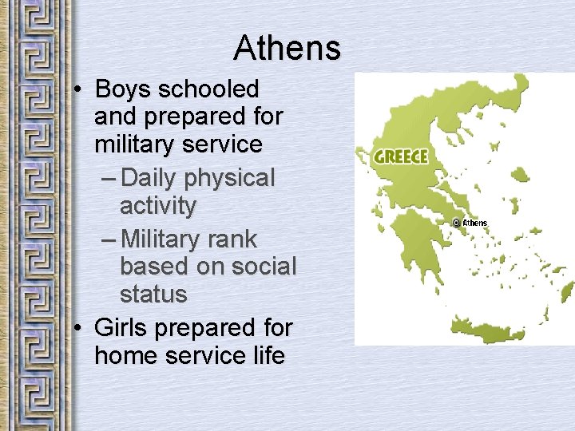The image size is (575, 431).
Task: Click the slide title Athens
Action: pyautogui.click(x=287, y=49)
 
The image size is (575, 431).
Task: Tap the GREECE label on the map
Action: pyautogui.click(x=402, y=156)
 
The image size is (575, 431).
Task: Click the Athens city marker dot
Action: pyautogui.click(x=456, y=223)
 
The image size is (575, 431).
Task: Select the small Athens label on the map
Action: pyautogui.click(x=474, y=223)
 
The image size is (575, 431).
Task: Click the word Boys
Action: pyautogui.click(x=122, y=89)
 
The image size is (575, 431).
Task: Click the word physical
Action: pyautogui.click(x=232, y=177)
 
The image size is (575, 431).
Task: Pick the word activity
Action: pyautogui.click(x=157, y=205)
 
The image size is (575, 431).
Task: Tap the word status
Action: pyautogui.click(x=153, y=294)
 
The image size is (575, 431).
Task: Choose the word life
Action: pyautogui.click(x=267, y=355)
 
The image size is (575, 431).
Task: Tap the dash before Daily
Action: pyautogui.click(x=109, y=178)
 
